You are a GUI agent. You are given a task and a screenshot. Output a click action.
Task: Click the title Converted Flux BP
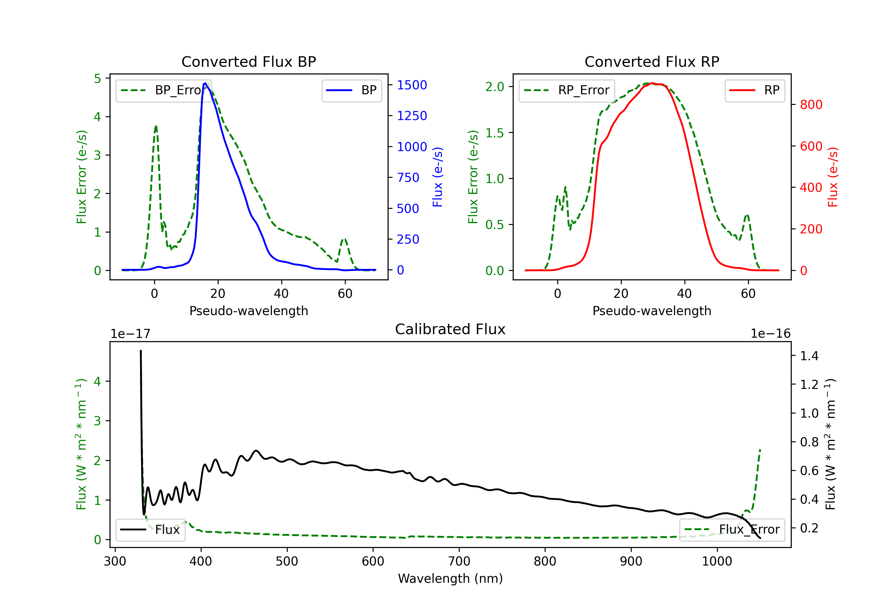[x=248, y=61]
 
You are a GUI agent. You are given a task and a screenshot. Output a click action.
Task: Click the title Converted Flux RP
[x=652, y=61]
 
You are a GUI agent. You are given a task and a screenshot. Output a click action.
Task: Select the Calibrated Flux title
[x=450, y=329]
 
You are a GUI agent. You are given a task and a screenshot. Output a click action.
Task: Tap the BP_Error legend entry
[x=164, y=90]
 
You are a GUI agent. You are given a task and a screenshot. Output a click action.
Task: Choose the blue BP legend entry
[x=351, y=90]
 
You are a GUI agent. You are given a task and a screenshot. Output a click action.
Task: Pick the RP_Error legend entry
[x=567, y=90]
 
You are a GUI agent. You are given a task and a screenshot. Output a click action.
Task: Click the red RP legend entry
[x=754, y=90]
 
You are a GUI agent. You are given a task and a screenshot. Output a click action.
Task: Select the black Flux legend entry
[x=150, y=530]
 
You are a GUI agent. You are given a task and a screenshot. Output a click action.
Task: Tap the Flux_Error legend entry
[x=732, y=530]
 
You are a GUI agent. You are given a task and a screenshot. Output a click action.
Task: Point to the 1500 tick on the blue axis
[x=412, y=85]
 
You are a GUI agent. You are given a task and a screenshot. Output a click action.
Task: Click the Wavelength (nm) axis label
[x=450, y=578]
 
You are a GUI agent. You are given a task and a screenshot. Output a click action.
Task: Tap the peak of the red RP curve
[x=652, y=83]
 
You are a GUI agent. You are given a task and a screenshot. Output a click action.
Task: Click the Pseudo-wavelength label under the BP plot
[x=248, y=311]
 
